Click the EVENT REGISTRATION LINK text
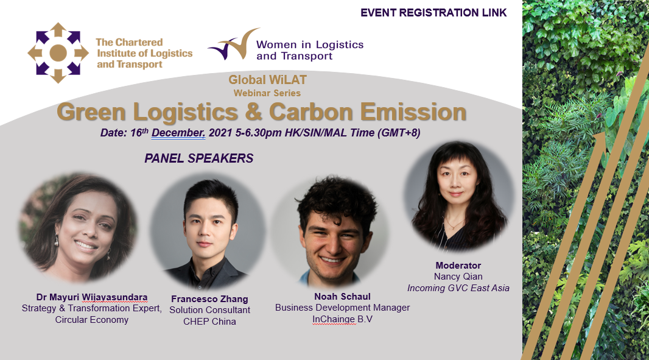pos(433,13)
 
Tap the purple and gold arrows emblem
pos(58,52)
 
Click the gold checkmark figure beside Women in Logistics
pos(234,44)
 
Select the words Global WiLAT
pos(267,80)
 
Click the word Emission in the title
pos(413,112)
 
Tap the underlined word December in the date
pos(178,133)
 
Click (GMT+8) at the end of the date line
pos(399,133)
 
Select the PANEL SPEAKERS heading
pos(198,158)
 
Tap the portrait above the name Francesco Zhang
pos(208,232)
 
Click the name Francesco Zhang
pos(209,299)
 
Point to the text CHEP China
pos(209,322)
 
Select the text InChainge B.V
pos(342,319)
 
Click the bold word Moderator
pos(458,266)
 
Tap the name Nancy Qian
pos(458,277)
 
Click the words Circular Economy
pos(91,320)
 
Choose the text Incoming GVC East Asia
pos(458,288)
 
